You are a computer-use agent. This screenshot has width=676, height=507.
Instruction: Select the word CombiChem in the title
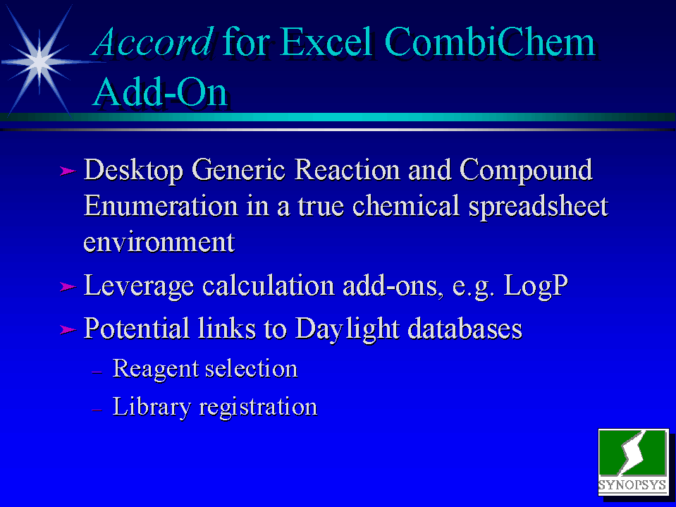490,42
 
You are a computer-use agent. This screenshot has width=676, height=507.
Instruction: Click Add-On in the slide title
160,92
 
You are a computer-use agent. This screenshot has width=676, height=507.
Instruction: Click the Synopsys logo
633,461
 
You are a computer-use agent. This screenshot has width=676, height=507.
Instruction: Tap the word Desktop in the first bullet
133,170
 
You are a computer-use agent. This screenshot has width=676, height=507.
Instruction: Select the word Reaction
347,169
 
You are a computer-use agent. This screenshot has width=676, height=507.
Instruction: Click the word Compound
526,170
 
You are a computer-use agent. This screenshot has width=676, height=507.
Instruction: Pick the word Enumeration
161,206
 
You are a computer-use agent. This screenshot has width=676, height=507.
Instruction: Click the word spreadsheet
538,207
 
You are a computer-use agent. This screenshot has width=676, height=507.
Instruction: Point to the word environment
159,243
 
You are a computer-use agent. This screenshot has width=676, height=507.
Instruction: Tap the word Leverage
138,286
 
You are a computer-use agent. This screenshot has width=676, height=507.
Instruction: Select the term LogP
536,286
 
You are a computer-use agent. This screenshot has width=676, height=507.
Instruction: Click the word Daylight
347,329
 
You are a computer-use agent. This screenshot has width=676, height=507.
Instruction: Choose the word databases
465,328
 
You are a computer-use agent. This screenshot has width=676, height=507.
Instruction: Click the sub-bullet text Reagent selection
205,369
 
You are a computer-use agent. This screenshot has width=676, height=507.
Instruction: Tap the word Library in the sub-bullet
152,407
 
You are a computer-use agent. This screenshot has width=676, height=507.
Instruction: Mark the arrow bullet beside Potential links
68,330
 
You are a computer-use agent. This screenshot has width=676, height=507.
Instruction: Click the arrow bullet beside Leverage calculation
68,287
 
